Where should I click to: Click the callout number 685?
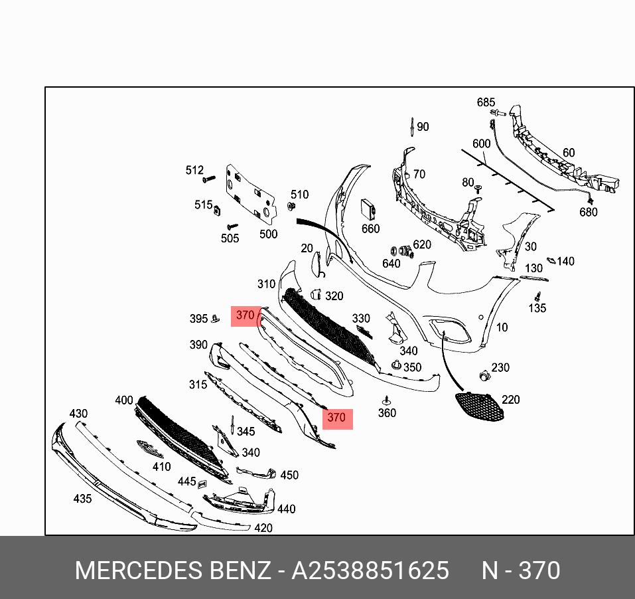click(486, 102)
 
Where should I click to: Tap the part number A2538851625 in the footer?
click(370, 570)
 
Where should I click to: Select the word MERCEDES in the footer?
click(137, 570)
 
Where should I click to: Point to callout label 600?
click(481, 143)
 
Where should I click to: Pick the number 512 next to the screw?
click(194, 171)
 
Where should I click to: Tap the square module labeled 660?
click(368, 211)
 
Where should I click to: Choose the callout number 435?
click(82, 498)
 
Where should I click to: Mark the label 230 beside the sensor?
click(500, 367)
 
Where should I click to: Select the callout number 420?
click(263, 528)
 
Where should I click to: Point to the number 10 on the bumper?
click(502, 327)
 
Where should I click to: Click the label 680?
click(588, 212)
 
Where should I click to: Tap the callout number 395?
click(198, 319)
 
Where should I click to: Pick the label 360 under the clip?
click(387, 413)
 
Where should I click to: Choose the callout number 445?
click(186, 481)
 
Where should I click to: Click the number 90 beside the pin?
click(422, 127)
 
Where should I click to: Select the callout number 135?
click(537, 307)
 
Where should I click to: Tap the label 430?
click(78, 414)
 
